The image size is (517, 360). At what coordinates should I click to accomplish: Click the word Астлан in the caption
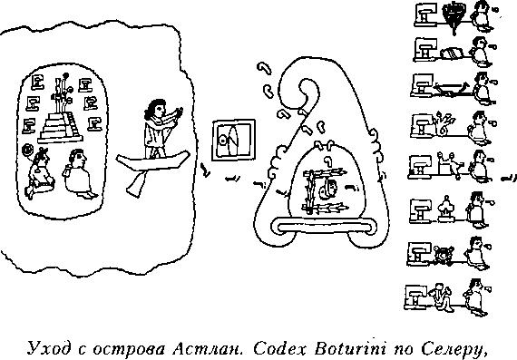[x=208, y=348]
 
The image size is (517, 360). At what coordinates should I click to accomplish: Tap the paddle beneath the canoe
[x=135, y=183]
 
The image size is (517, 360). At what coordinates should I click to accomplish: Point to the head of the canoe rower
[x=154, y=110]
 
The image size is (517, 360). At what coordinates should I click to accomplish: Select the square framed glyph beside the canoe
[x=233, y=141]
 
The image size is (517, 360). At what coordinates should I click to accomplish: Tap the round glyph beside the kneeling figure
[x=26, y=151]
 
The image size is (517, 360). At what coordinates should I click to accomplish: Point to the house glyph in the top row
[x=425, y=15]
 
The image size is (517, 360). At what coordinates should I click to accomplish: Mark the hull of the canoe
[x=153, y=161]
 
